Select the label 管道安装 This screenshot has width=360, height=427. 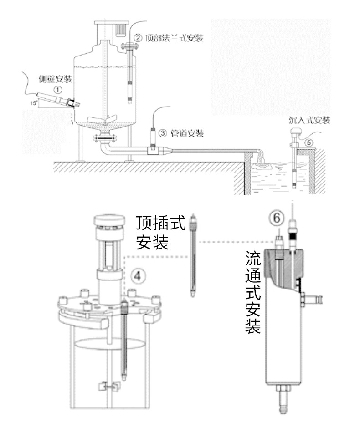[x=186, y=133]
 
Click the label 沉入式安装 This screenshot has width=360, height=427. [x=309, y=120]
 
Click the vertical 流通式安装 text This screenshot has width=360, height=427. [x=253, y=291]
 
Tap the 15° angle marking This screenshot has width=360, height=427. [x=33, y=103]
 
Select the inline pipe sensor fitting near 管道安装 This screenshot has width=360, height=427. [x=153, y=148]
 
